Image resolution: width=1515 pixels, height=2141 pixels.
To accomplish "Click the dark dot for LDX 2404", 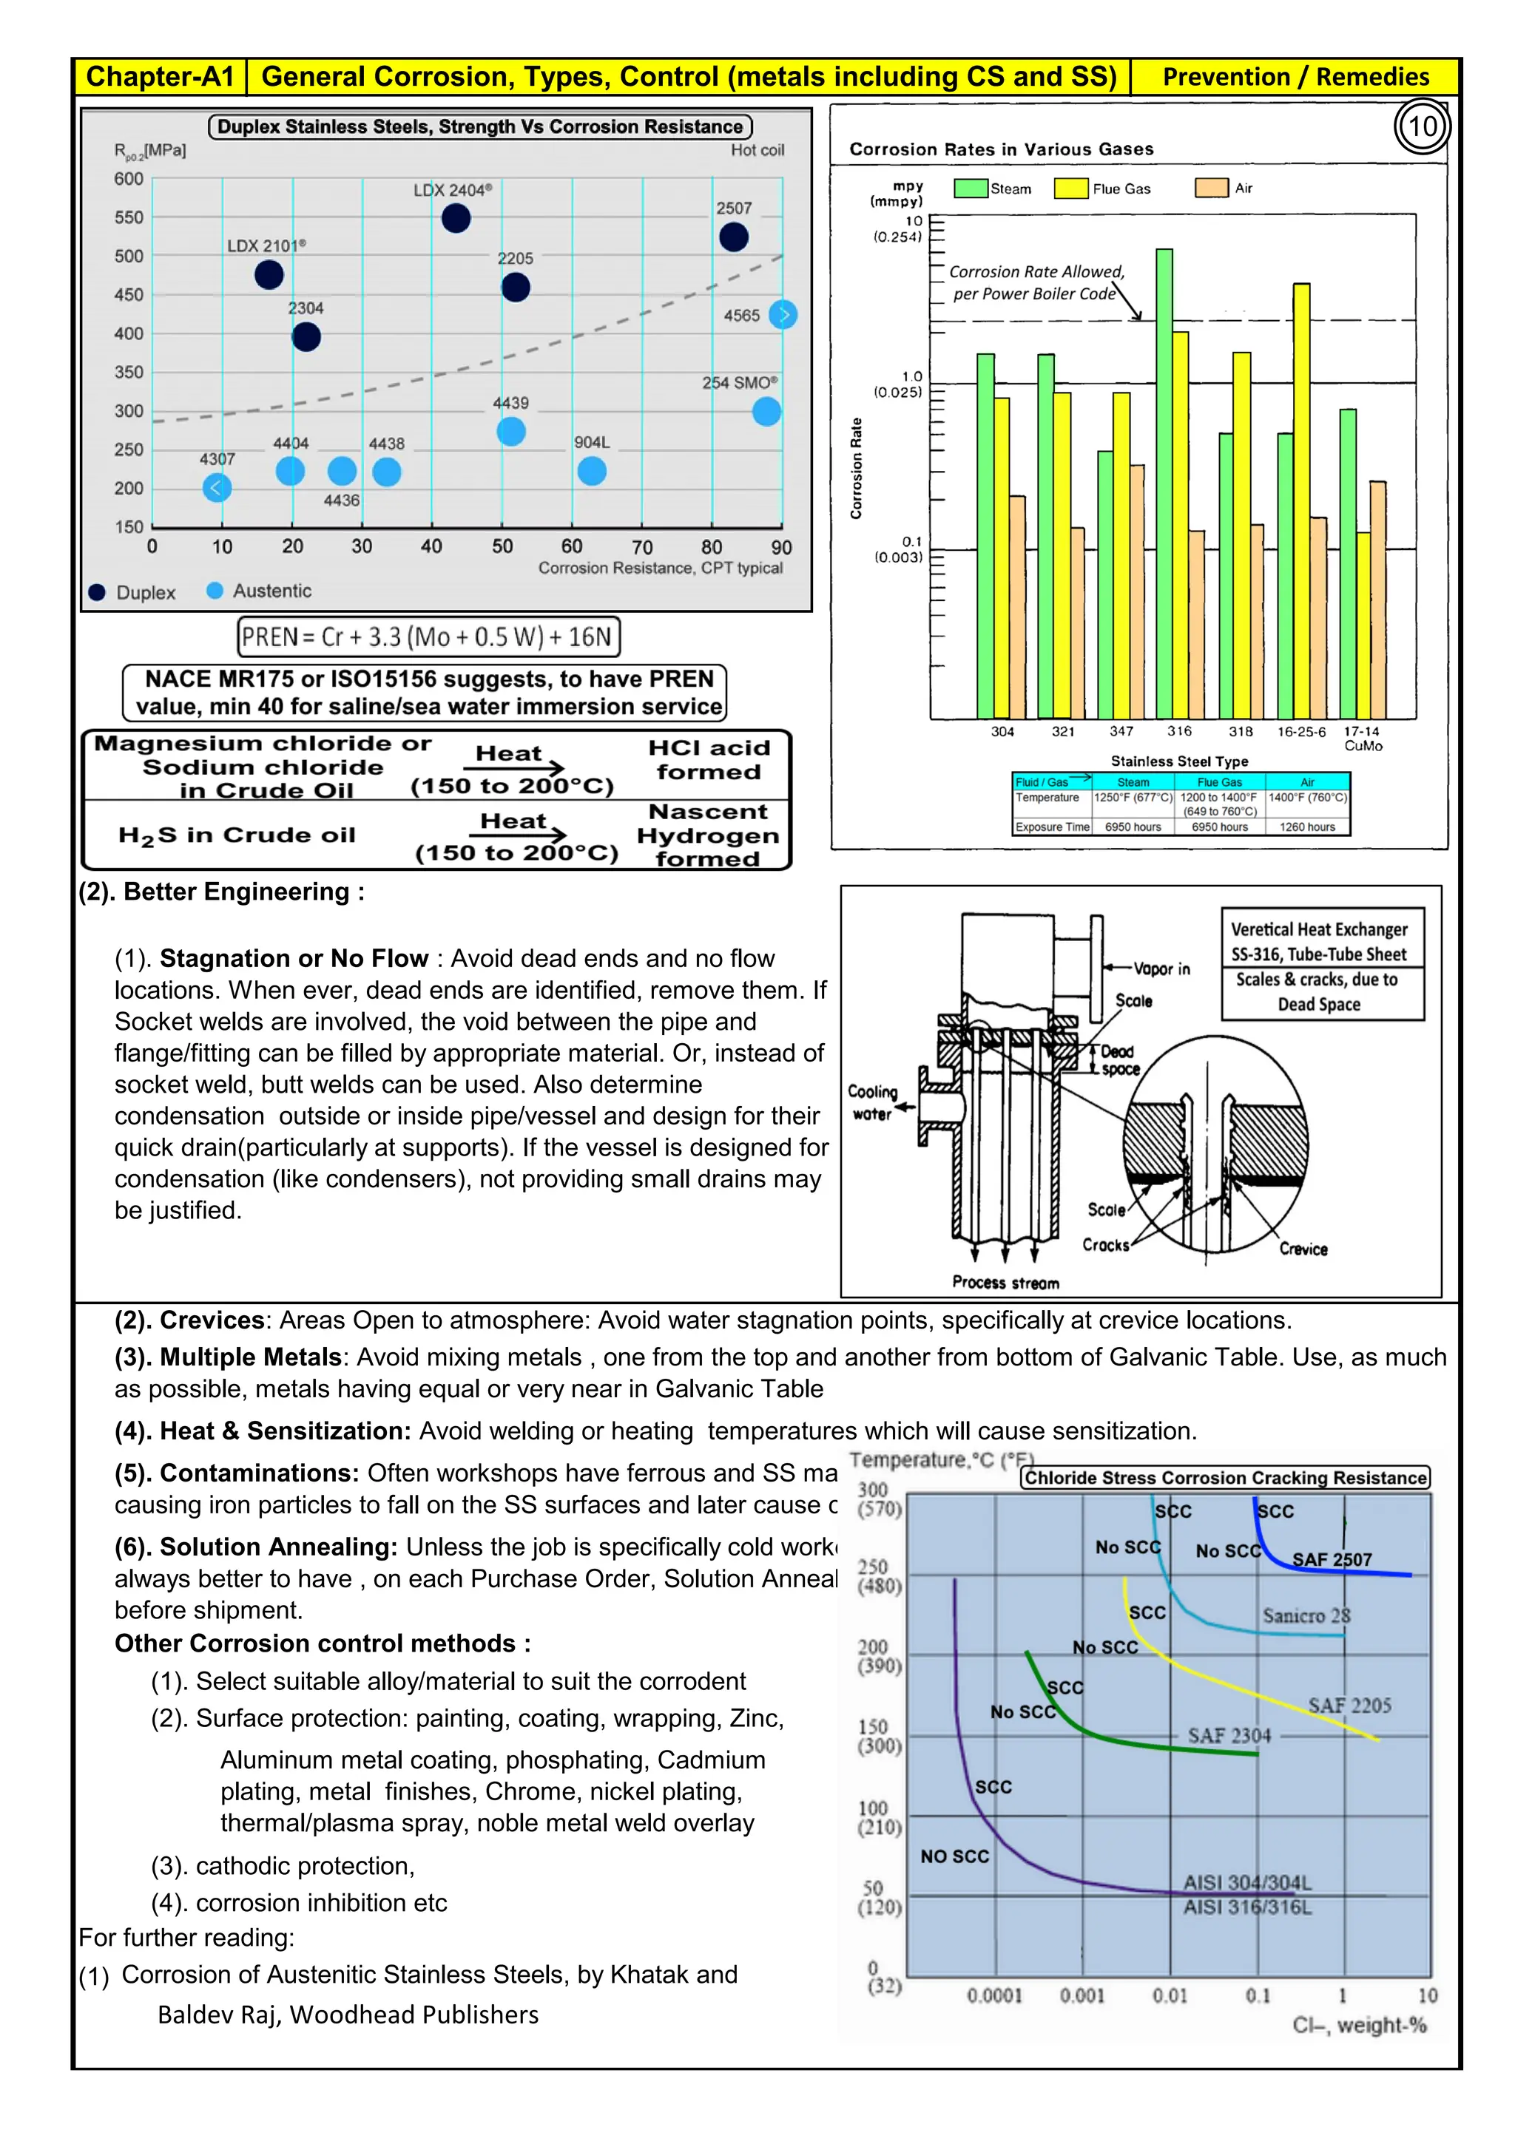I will (x=455, y=218).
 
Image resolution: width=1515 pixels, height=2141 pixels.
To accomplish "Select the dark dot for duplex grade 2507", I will (x=733, y=237).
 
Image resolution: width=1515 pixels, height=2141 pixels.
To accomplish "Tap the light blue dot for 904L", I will (x=592, y=471).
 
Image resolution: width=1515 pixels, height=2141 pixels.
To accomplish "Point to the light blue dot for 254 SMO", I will (x=766, y=411).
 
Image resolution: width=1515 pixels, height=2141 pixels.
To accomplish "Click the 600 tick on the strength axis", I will (x=129, y=179).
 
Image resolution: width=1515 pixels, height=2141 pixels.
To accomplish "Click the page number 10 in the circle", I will (x=1422, y=127).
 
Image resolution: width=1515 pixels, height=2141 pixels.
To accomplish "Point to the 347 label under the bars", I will (x=1121, y=731).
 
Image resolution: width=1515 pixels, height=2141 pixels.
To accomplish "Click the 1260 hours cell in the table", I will (x=1307, y=827).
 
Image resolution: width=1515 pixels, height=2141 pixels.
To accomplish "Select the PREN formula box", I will (x=428, y=637).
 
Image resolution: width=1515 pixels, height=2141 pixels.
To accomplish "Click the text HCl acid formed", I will (x=709, y=760).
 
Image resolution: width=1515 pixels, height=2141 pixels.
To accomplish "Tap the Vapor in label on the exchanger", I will (x=1161, y=969).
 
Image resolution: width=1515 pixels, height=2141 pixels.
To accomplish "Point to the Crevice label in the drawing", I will (x=1303, y=1249).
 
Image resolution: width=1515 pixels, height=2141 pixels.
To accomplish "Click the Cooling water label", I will (x=872, y=1102).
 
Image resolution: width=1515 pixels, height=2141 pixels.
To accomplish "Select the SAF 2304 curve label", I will (x=1229, y=1735).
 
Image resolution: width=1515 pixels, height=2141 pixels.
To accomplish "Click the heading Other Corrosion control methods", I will (x=323, y=1643).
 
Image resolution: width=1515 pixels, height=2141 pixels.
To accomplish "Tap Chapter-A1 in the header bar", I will (x=160, y=76).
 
